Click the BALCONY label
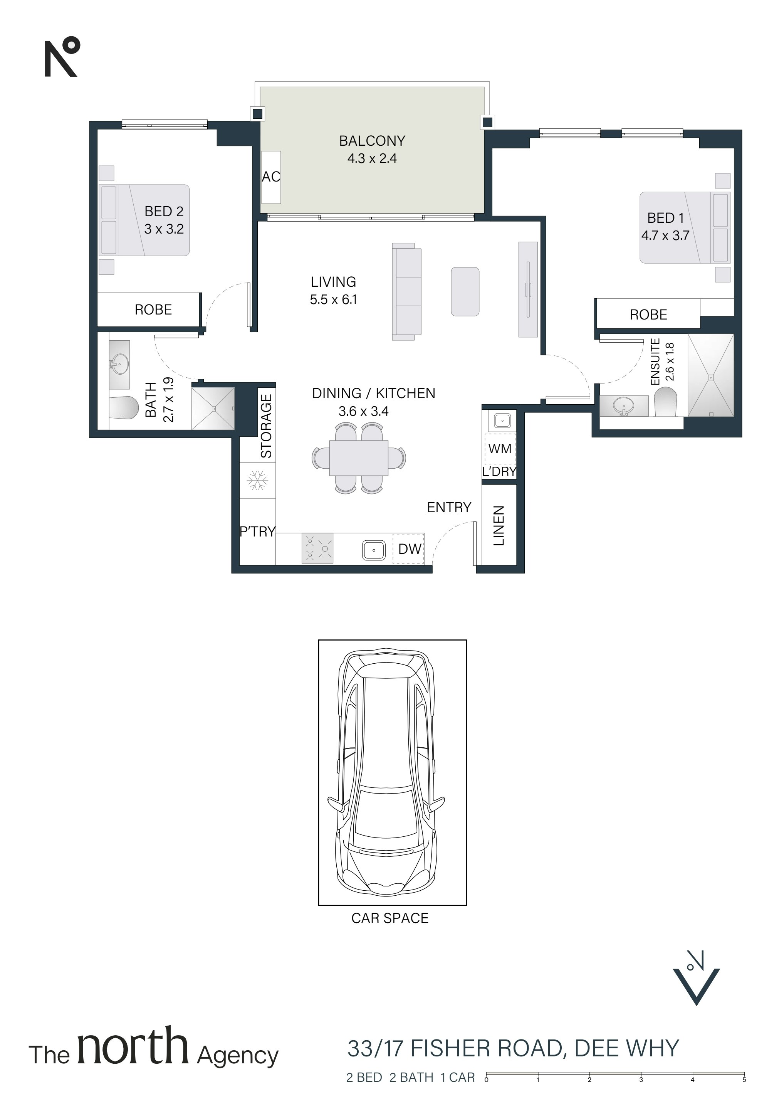(372, 141)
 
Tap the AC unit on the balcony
(271, 177)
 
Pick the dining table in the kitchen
(359, 457)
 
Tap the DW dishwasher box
(408, 548)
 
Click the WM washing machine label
(500, 449)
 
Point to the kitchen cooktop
(317, 548)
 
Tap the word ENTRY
(449, 507)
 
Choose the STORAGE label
(266, 426)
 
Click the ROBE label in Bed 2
(153, 309)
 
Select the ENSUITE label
(655, 362)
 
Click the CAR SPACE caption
(389, 918)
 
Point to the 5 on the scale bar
(744, 1080)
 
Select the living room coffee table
(465, 291)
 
